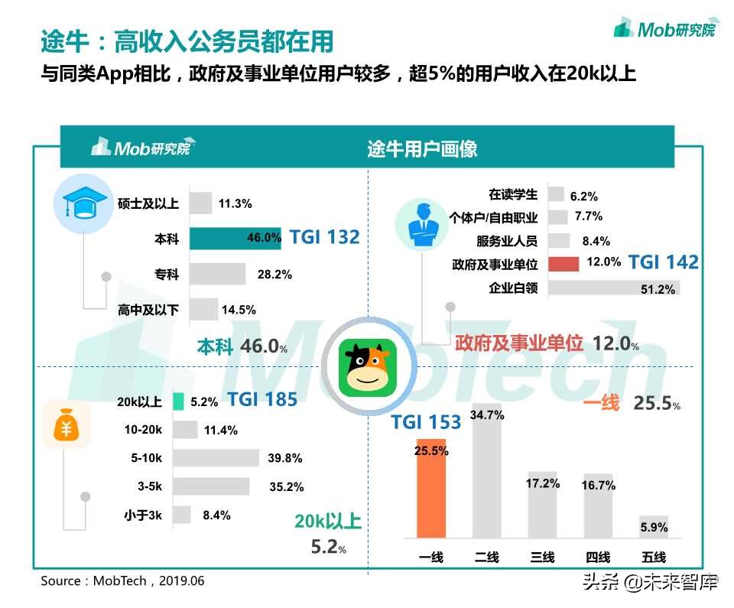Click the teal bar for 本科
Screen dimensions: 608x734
pos(235,238)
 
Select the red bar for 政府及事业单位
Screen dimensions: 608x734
pos(562,263)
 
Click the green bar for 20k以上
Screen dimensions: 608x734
pos(179,401)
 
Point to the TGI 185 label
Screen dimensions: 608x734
pos(262,399)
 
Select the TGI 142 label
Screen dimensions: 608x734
pos(663,263)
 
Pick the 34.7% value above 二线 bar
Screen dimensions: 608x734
pos(487,415)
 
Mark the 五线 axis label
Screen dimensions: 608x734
pos(654,557)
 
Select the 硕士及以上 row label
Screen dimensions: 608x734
pos(148,203)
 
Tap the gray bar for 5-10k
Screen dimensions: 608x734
pos(216,458)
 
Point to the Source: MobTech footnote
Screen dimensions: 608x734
pos(122,580)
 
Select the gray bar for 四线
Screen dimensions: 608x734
pos(599,506)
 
